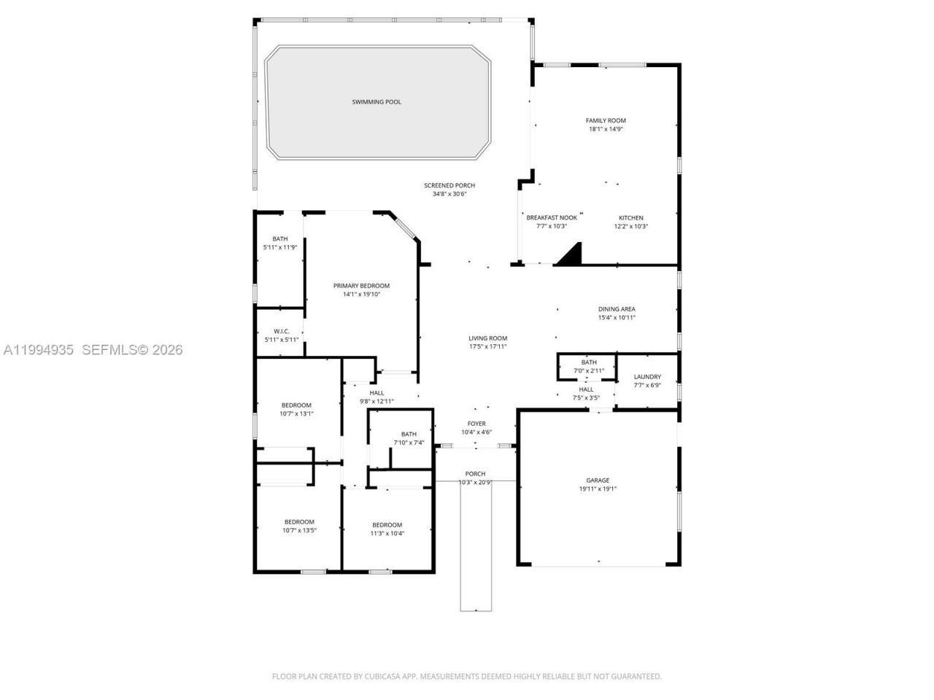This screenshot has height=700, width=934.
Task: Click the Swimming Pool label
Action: coord(377,102)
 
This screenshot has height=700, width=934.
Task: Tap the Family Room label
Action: coord(606,121)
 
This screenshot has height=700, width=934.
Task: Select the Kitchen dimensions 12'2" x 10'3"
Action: coord(630,227)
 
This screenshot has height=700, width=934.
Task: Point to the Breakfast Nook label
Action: coord(552,218)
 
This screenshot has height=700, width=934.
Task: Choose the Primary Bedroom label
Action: coord(361,286)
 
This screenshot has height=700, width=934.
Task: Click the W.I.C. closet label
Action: coord(282,332)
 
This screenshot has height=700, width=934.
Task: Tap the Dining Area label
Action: coord(617,309)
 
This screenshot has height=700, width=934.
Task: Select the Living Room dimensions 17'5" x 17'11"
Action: coord(487,346)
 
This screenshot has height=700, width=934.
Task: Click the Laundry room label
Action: coord(647,377)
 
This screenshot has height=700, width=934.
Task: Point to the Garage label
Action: coord(598,481)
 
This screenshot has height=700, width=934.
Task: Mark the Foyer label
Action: coord(476,424)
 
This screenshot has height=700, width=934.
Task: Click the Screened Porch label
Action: coord(449,186)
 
